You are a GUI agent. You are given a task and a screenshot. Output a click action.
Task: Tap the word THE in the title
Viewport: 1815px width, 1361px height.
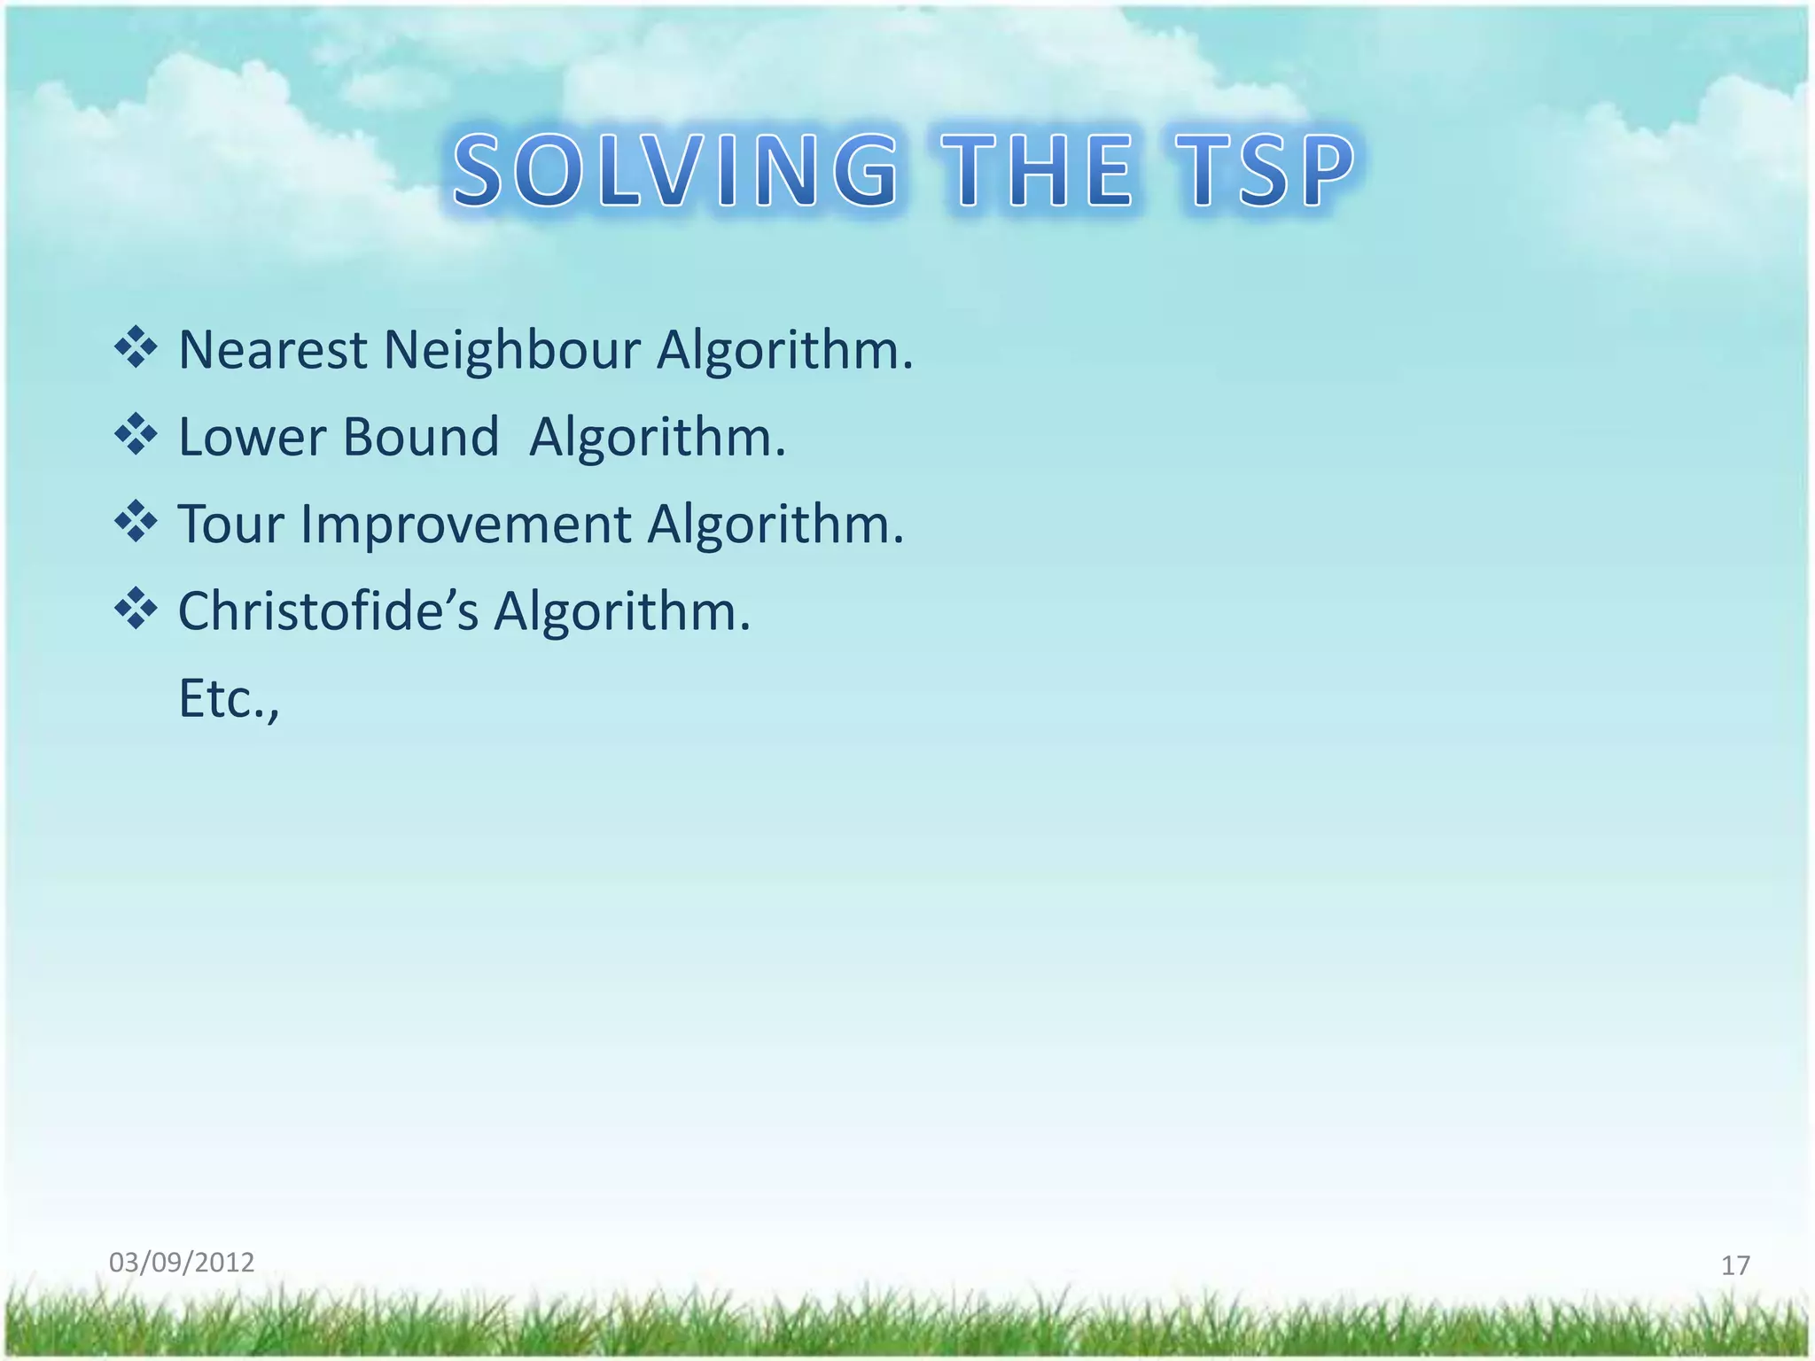1038,171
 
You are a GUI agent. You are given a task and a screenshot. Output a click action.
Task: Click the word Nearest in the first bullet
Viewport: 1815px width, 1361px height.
272,350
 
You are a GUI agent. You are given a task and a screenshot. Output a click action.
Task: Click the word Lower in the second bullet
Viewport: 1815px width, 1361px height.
253,437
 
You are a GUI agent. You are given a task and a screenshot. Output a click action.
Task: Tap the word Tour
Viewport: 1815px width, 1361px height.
232,525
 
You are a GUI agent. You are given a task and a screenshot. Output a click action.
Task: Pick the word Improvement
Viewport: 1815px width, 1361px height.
466,525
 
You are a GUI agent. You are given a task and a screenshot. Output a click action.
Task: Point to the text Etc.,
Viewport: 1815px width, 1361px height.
230,699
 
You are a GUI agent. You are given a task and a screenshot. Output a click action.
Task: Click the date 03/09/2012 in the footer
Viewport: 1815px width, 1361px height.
182,1262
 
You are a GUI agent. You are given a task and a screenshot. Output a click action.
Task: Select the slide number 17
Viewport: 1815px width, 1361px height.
1735,1265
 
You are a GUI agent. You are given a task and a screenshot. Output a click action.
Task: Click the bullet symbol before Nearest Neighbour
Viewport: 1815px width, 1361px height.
136,347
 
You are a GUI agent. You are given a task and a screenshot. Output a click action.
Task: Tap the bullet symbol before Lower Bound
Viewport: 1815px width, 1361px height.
136,434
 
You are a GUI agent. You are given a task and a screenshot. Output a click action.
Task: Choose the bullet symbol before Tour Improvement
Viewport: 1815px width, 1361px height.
136,522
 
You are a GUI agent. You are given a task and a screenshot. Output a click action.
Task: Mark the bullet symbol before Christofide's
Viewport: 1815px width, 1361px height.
136,609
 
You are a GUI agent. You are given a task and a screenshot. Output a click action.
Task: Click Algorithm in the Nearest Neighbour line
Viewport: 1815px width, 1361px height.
784,350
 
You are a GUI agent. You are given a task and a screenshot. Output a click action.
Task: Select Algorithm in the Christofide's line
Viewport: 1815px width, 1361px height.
621,611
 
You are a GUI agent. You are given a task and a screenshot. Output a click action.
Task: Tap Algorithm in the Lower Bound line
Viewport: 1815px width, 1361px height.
657,437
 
